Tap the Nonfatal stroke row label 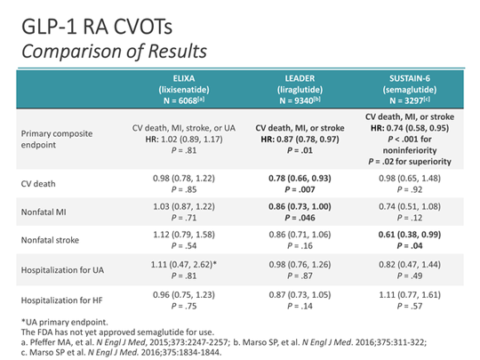53,244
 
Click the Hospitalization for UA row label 68,275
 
